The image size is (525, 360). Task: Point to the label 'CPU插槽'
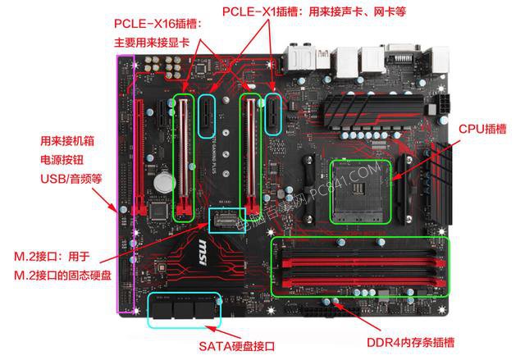point(482,129)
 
